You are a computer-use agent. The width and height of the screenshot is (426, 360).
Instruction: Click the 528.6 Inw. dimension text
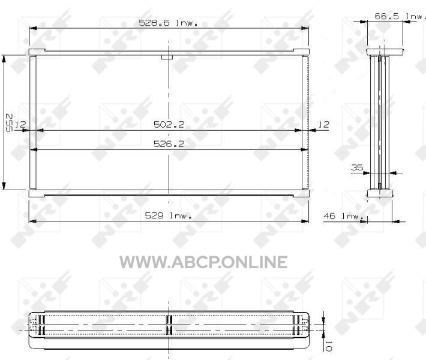pyautogui.click(x=168, y=23)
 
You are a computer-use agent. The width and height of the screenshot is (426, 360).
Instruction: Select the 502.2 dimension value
pyautogui.click(x=169, y=124)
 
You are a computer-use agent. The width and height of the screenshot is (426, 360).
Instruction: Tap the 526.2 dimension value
pyautogui.click(x=169, y=144)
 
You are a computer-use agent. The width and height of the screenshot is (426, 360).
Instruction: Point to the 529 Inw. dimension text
pyautogui.click(x=169, y=215)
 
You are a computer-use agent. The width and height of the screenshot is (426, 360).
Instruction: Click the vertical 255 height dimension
pyautogui.click(x=9, y=122)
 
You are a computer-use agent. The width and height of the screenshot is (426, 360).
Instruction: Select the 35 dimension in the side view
pyautogui.click(x=357, y=167)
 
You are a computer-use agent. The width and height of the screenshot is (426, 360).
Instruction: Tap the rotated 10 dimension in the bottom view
pyautogui.click(x=328, y=346)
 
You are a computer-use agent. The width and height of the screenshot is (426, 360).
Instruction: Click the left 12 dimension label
pyautogui.click(x=20, y=124)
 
